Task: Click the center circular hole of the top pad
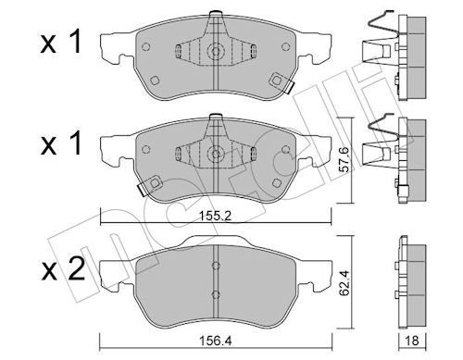click(215, 53)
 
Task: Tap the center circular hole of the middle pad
click(215, 154)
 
